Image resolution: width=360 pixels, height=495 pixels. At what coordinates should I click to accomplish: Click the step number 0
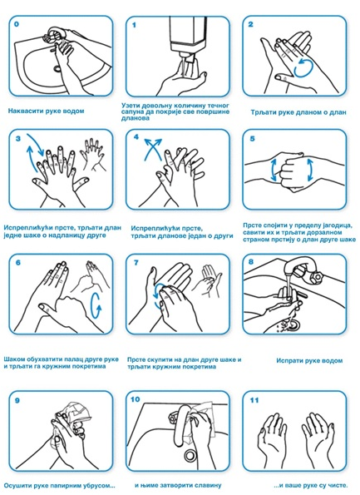(x=17, y=23)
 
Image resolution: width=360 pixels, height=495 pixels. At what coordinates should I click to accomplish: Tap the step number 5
(x=252, y=138)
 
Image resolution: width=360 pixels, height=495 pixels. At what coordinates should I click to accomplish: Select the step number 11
(x=254, y=400)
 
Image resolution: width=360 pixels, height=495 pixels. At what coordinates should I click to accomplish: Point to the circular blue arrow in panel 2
(x=303, y=67)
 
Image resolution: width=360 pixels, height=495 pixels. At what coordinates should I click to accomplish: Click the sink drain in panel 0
(x=57, y=67)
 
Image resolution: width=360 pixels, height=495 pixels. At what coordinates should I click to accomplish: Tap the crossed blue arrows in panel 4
(x=153, y=149)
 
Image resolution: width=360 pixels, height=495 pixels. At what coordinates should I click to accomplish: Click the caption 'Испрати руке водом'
(x=309, y=360)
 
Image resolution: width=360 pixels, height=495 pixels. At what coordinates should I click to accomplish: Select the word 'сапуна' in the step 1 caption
(x=131, y=111)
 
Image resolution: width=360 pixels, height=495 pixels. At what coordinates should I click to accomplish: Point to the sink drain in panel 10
(x=190, y=455)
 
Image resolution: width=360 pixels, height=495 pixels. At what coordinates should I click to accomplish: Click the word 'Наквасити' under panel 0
(x=23, y=111)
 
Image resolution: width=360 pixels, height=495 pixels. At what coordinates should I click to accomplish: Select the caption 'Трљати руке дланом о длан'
(x=298, y=112)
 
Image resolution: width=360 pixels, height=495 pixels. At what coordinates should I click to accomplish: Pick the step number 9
(x=17, y=400)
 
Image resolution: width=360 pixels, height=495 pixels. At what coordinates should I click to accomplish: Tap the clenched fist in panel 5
(x=288, y=171)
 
